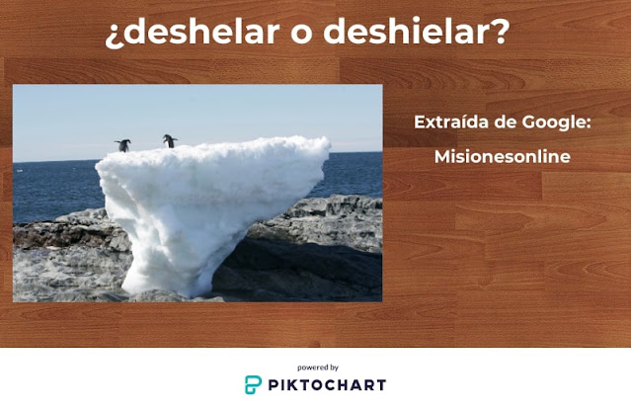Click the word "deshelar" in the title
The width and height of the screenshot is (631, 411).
pyautogui.click(x=180, y=33)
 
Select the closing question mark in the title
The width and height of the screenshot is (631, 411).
pyautogui.click(x=501, y=33)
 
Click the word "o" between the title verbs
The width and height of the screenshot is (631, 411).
pyautogui.click(x=277, y=35)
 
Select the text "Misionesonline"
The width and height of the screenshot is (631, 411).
pyautogui.click(x=502, y=157)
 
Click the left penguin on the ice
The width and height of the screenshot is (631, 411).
pyautogui.click(x=122, y=145)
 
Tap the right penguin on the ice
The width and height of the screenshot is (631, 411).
pyautogui.click(x=170, y=141)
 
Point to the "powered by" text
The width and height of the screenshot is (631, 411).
pyautogui.click(x=317, y=367)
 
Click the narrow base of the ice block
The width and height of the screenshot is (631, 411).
pyautogui.click(x=197, y=281)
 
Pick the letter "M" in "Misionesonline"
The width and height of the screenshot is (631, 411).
pyautogui.click(x=441, y=157)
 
